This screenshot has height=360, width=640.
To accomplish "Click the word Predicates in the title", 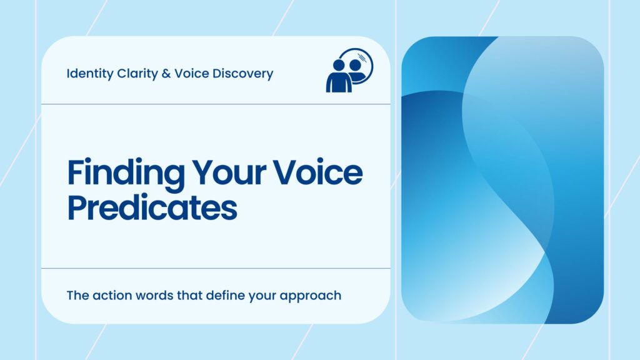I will click(x=152, y=207).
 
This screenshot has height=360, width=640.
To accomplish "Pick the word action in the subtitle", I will click(x=111, y=295).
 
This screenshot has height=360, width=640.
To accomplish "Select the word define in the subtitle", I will click(x=222, y=295).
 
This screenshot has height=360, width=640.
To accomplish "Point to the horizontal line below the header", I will click(x=216, y=104).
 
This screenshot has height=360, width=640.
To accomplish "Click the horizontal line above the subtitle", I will click(x=216, y=268).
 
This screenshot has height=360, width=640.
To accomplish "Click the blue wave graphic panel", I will click(x=502, y=180).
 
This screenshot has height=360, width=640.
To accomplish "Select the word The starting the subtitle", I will click(x=77, y=295).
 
